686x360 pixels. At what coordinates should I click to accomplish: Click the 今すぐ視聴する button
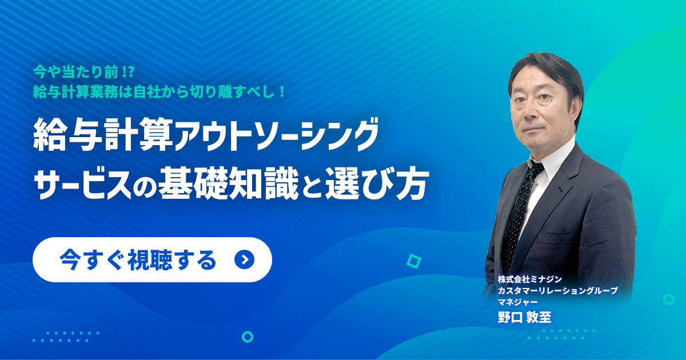[x=152, y=259]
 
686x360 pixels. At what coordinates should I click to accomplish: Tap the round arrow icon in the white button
[x=245, y=260]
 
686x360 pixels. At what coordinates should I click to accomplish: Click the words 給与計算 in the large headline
[x=103, y=135]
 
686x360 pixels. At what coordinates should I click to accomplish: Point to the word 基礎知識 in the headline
[x=229, y=183]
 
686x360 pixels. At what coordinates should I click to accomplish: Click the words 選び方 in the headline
[x=376, y=183]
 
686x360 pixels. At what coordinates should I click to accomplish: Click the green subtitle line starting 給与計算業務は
[x=159, y=91]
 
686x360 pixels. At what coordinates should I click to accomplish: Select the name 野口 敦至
[x=524, y=317]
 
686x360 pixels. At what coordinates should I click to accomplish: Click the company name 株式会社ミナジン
[x=530, y=279]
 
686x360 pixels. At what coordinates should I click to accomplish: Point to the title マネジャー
[x=517, y=302]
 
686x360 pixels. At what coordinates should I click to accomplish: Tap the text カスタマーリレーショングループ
[x=558, y=290]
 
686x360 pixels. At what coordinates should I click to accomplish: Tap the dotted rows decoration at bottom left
[x=66, y=337]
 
